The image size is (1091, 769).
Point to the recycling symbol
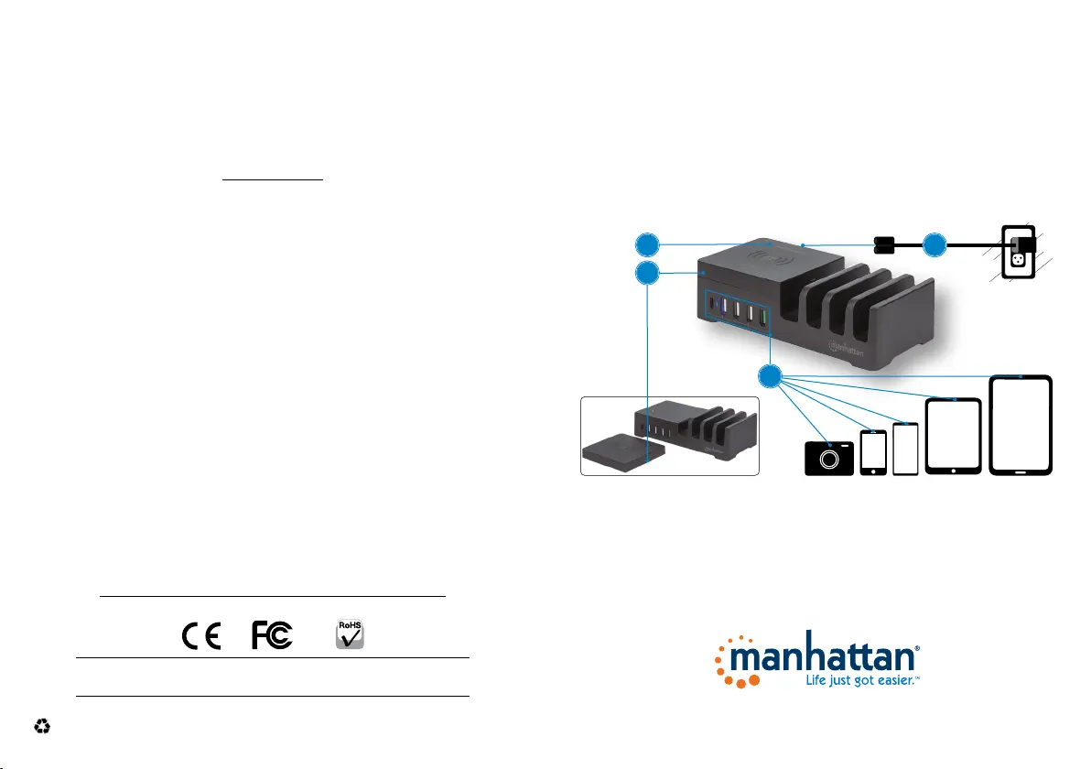(x=42, y=727)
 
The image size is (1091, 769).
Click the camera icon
(x=829, y=458)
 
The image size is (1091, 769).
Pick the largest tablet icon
(x=1021, y=425)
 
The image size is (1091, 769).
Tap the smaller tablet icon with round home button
(x=954, y=436)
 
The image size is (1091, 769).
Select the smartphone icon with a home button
(x=874, y=452)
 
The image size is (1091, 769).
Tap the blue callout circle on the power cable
(x=934, y=244)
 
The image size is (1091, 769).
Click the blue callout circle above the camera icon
(x=771, y=376)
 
